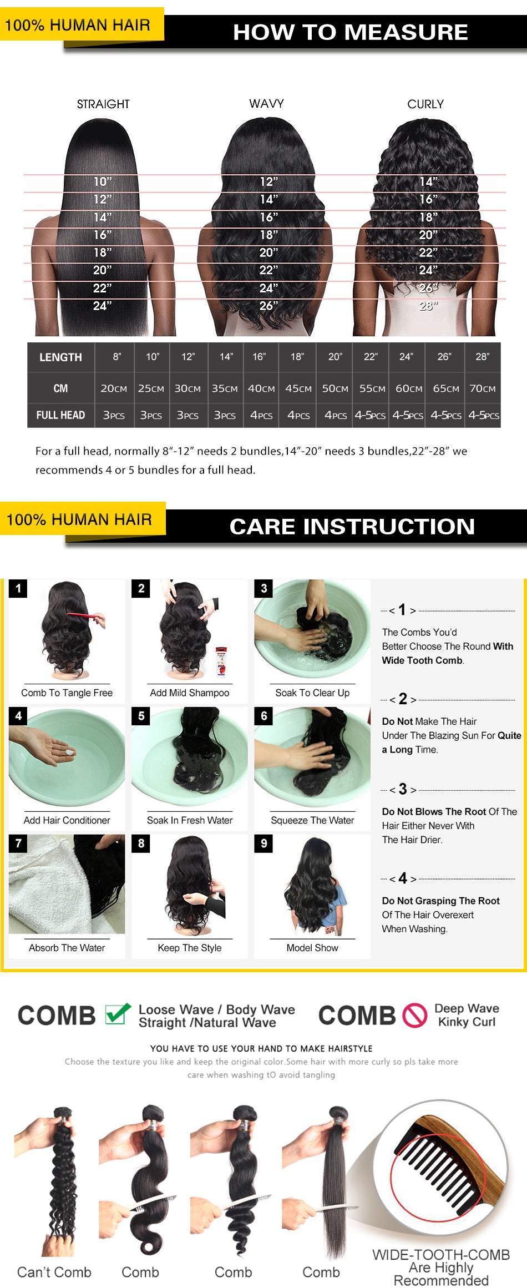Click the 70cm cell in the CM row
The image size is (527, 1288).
483,388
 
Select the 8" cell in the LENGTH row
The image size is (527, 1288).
116,357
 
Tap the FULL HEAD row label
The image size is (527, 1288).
60,415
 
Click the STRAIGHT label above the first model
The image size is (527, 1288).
103,104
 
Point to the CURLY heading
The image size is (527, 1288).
425,104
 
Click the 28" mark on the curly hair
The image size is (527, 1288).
428,305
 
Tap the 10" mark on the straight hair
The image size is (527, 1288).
103,181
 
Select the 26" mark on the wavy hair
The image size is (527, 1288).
268,305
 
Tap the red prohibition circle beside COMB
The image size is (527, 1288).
414,1016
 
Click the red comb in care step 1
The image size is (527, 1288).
87,617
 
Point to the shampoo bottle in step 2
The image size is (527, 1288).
221,661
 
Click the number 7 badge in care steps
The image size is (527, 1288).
18,843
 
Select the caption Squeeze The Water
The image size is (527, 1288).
312,820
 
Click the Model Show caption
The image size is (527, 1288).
312,948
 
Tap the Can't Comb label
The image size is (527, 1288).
54,1272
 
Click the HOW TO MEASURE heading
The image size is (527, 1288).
351,32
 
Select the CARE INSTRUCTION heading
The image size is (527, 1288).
352,527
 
